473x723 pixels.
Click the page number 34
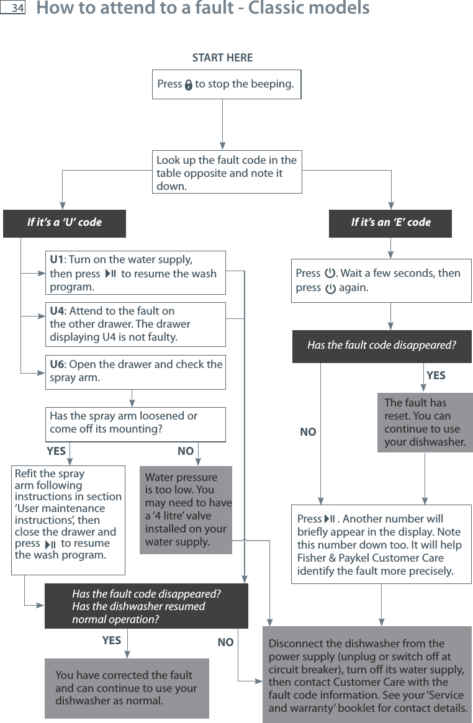pyautogui.click(x=17, y=9)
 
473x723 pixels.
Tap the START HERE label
pyautogui.click(x=222, y=58)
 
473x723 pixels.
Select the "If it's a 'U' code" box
pyautogui.click(x=65, y=222)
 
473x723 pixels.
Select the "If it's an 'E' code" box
pyautogui.click(x=390, y=222)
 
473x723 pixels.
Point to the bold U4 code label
pyautogui.click(x=57, y=311)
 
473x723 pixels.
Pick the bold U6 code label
pyautogui.click(x=57, y=364)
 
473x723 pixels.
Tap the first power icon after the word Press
pyautogui.click(x=330, y=273)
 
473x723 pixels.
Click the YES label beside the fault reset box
pyautogui.click(x=436, y=375)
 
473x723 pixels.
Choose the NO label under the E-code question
pyautogui.click(x=308, y=432)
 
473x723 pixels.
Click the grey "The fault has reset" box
pyautogui.click(x=425, y=422)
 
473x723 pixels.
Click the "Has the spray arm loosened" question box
pyautogui.click(x=137, y=423)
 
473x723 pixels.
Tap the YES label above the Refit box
pyautogui.click(x=56, y=451)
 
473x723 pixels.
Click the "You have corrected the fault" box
pyautogui.click(x=127, y=688)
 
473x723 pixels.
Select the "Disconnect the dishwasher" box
pyautogui.click(x=367, y=676)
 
